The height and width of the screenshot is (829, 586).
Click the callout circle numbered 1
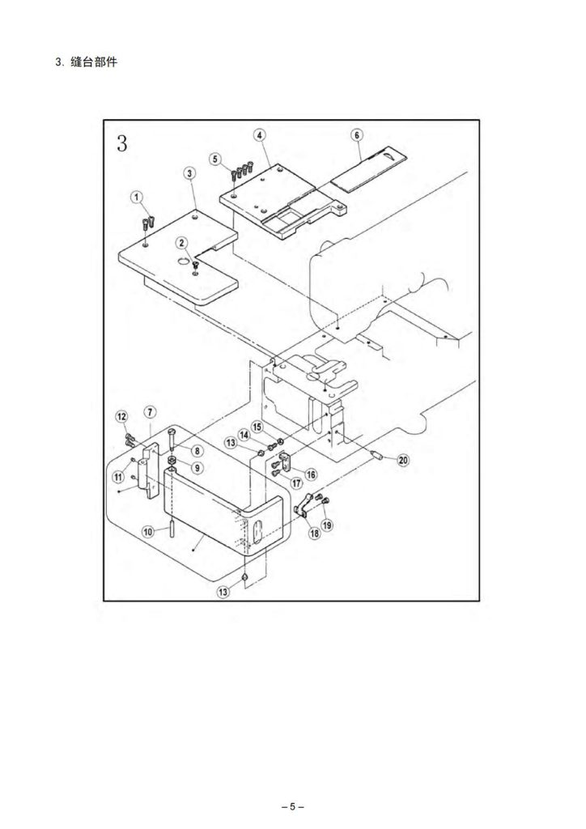point(137,198)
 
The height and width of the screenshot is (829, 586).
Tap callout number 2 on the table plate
point(182,243)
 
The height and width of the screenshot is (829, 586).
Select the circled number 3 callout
point(189,173)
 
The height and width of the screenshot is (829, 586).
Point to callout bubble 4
point(260,135)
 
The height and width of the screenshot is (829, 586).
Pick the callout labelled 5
point(214,159)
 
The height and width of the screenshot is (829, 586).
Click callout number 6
point(357,135)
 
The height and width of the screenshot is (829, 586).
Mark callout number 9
point(197,468)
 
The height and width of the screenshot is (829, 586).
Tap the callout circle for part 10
point(148,531)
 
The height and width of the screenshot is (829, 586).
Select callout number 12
point(122,417)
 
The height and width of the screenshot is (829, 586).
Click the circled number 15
point(257,426)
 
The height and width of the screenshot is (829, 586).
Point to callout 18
point(314,533)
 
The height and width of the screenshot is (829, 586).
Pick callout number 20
point(403,460)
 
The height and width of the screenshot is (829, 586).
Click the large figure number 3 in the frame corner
point(122,143)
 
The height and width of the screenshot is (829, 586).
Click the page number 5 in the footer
point(293,807)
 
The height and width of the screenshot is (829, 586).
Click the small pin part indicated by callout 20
point(376,454)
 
